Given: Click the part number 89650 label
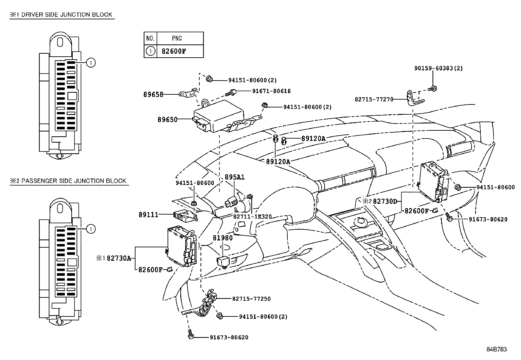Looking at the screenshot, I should point(167,120).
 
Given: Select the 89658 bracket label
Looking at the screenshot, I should point(153,94).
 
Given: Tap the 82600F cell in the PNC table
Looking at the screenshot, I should point(174,51).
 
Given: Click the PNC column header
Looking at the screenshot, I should point(177,38).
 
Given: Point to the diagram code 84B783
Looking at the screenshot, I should point(496,350).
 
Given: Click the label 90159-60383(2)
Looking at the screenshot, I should point(438,68).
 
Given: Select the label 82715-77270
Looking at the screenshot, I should point(374,99).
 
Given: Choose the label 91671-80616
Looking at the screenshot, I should point(271,91).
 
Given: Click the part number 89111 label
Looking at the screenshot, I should point(148,215).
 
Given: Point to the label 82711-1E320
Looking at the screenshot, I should point(252,217).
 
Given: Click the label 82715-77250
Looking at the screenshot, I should point(251,299).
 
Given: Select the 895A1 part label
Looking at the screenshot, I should point(234,177).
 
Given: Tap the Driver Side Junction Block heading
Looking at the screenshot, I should point(62,15).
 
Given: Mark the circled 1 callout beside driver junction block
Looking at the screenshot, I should point(91,62).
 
